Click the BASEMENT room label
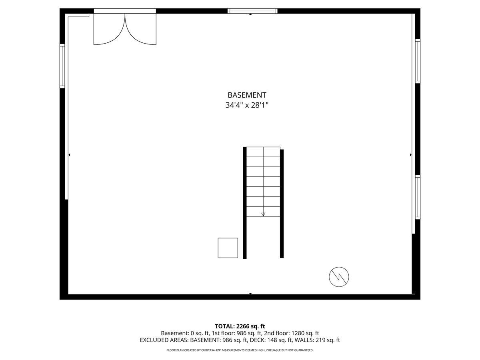(x=246, y=95)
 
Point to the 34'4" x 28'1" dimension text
(x=246, y=106)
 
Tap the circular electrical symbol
(x=339, y=277)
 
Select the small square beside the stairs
(x=228, y=248)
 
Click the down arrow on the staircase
(x=263, y=214)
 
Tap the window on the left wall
(x=62, y=66)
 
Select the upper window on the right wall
(x=418, y=61)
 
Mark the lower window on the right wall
(x=418, y=197)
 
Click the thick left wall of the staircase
(x=244, y=203)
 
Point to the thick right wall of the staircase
(x=282, y=204)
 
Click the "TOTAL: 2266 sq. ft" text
(x=240, y=326)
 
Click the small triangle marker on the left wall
(x=69, y=155)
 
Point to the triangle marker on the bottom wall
(x=250, y=294)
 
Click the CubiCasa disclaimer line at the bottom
(x=240, y=350)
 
